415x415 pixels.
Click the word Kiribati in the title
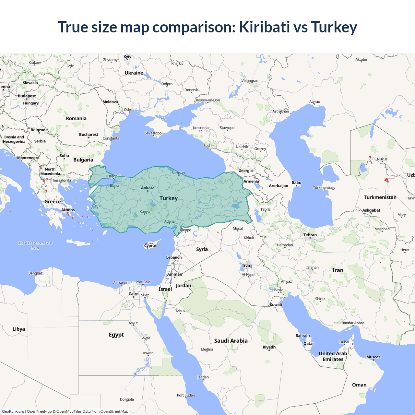point(264,27)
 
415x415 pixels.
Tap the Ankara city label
point(148,188)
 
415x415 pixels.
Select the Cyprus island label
point(150,245)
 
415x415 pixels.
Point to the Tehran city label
point(310,235)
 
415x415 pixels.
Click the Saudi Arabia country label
point(231,341)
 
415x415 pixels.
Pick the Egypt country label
point(116,335)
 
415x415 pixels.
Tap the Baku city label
point(296,183)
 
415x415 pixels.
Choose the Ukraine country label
point(134,73)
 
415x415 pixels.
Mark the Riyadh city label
point(269,347)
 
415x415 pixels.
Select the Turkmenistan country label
point(380,197)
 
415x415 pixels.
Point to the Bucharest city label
point(89,135)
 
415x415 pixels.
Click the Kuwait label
point(276,304)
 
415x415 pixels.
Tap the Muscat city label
point(373,357)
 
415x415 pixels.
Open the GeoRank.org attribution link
point(13,411)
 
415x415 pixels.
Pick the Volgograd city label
point(250,81)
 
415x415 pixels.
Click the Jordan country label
point(184,286)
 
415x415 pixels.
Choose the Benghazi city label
point(36,273)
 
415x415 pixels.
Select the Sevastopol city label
point(154,133)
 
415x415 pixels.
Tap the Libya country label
point(18,329)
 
